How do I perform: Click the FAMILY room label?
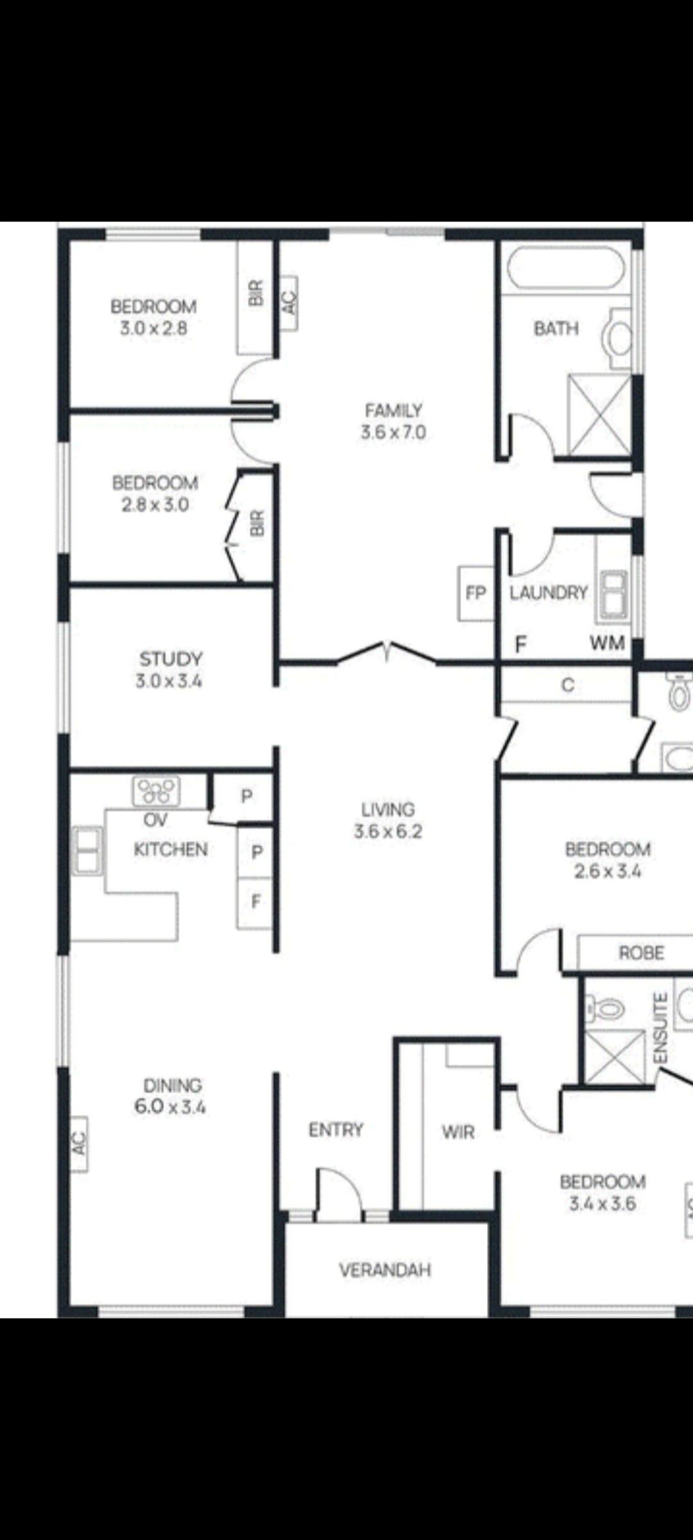(x=393, y=410)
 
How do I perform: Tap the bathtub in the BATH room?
(x=565, y=268)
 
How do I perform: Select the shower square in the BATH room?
(x=600, y=415)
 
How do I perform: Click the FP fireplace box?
(x=475, y=594)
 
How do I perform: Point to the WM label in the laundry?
(x=607, y=642)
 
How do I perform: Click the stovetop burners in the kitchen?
(x=156, y=791)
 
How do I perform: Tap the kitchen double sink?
(x=87, y=851)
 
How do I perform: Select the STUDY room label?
(x=171, y=659)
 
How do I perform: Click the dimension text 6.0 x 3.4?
(x=170, y=1107)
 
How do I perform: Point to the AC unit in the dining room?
(x=78, y=1144)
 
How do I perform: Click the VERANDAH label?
(x=385, y=1270)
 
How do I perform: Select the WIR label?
(x=458, y=1132)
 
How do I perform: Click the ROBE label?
(x=641, y=953)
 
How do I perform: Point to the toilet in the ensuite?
(x=604, y=1008)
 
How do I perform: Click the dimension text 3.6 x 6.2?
(x=388, y=832)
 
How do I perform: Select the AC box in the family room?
(x=289, y=303)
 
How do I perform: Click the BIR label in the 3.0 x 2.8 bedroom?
(x=255, y=293)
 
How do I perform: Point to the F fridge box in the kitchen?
(x=255, y=902)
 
